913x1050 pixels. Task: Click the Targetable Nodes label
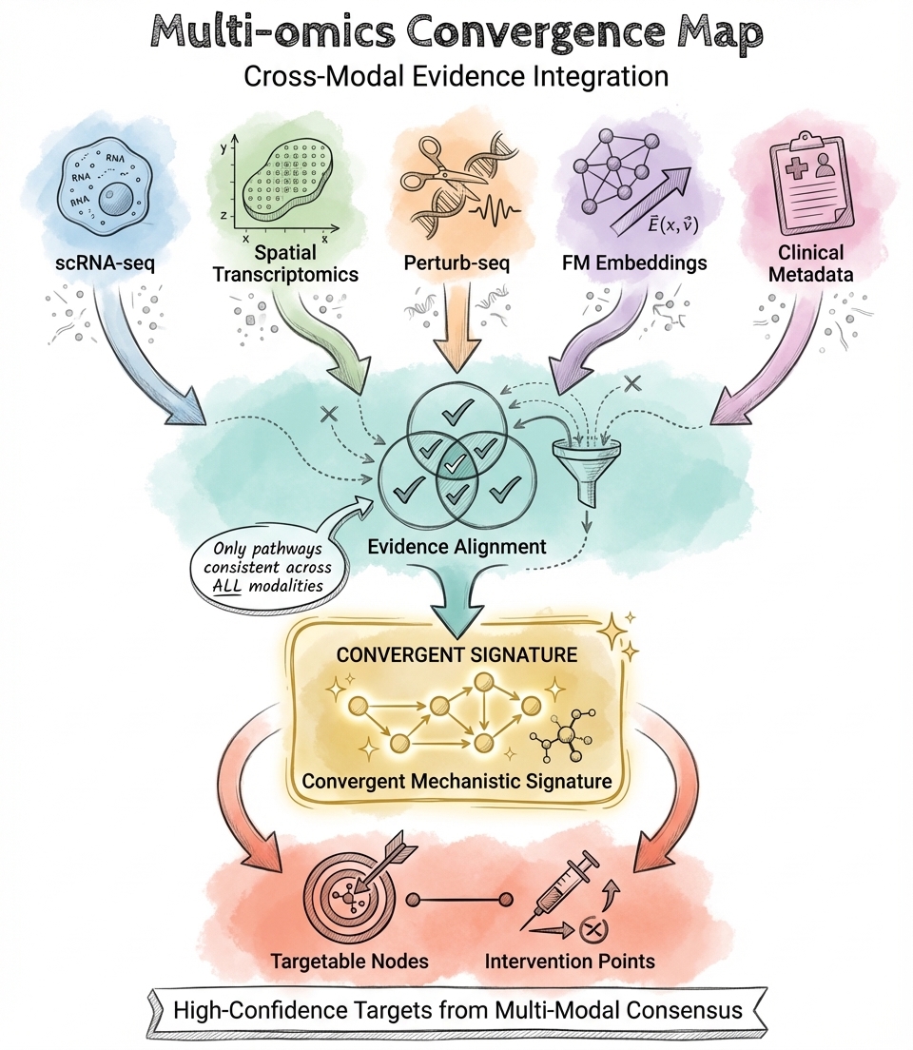(x=350, y=961)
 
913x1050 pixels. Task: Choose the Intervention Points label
(x=570, y=961)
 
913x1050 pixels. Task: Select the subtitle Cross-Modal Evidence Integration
(x=456, y=77)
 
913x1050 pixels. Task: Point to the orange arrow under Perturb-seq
(x=455, y=328)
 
